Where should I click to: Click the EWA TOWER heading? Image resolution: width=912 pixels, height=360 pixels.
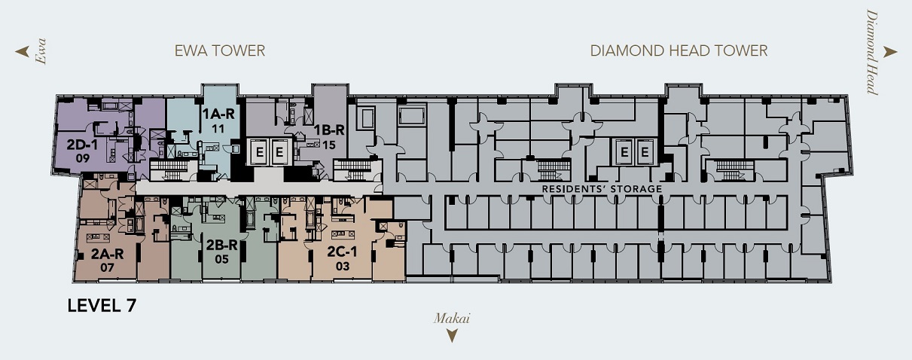[220, 50]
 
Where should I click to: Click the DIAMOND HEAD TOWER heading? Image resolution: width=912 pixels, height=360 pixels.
[679, 50]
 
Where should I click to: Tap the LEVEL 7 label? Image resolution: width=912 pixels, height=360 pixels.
[102, 306]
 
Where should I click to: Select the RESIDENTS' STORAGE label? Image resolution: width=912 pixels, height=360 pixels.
[602, 189]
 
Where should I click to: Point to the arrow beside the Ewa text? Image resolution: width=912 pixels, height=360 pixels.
[23, 51]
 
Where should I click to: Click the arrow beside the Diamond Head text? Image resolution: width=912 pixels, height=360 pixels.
[890, 52]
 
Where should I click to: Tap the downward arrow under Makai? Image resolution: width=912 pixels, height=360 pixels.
[452, 336]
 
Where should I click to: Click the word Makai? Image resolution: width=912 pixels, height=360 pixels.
[452, 318]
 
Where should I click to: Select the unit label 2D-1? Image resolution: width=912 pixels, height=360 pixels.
[82, 145]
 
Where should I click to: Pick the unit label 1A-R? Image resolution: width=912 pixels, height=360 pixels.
[218, 114]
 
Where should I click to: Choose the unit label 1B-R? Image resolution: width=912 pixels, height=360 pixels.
[329, 130]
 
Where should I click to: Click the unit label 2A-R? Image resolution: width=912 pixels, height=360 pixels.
[107, 254]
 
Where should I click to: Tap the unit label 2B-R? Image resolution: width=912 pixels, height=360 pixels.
[221, 246]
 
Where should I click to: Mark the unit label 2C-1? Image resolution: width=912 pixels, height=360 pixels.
[342, 252]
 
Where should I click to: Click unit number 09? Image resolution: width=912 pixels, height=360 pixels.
[83, 158]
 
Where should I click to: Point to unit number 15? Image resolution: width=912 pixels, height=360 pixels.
[329, 145]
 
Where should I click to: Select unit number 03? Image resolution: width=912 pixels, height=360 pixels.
[343, 267]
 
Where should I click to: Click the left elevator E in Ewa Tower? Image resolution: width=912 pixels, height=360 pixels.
[259, 152]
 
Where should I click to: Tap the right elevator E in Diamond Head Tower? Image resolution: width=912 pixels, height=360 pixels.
[645, 152]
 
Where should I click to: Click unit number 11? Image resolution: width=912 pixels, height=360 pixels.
[218, 129]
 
